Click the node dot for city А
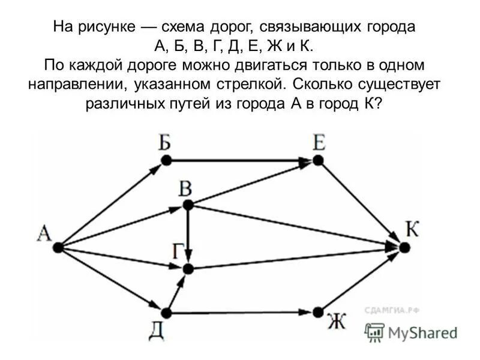point(58,247)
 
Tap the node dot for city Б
point(167,160)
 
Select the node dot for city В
point(188,205)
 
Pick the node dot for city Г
point(188,269)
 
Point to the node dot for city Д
point(167,313)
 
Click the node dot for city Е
point(318,160)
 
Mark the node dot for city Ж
point(318,313)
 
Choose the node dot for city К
point(404,247)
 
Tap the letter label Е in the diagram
point(319,143)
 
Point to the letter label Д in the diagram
point(158,331)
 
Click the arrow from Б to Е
point(240,160)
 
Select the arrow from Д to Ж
point(240,313)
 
